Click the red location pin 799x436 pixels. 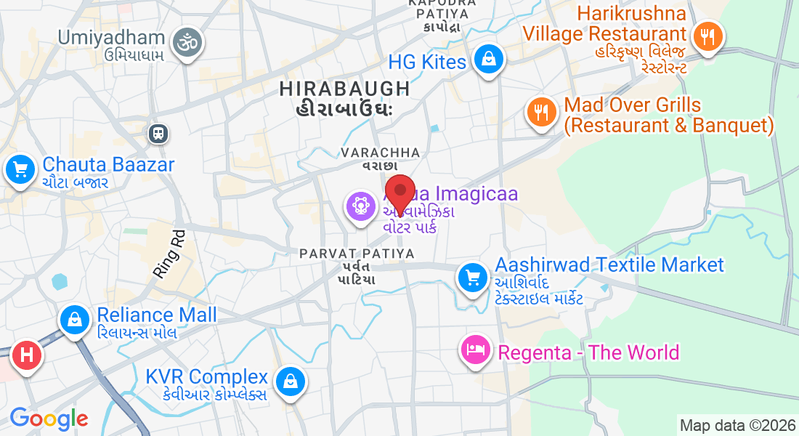(399, 193)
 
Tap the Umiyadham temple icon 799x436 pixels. (187, 44)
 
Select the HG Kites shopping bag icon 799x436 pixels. (490, 60)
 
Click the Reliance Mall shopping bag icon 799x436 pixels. (74, 319)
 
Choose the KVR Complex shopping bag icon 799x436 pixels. (290, 380)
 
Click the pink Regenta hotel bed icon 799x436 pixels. (476, 350)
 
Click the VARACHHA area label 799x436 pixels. (381, 153)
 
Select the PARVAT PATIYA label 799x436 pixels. (357, 254)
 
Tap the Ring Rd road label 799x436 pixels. (169, 254)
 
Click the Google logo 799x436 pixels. (49, 419)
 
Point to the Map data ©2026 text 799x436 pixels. (737, 425)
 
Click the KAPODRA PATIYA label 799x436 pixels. (442, 4)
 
